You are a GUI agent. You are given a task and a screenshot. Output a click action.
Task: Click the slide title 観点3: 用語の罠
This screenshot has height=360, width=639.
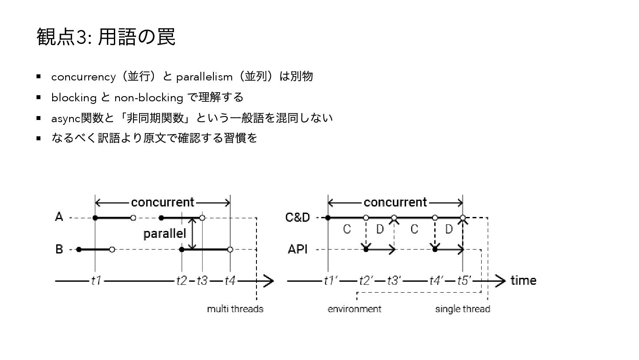pos(106,37)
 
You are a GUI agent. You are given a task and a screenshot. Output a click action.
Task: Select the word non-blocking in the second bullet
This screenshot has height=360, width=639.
pos(148,98)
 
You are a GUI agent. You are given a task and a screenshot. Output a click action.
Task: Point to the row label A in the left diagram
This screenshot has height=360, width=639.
pos(60,217)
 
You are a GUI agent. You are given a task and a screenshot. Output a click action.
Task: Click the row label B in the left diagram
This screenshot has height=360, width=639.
pos(60,249)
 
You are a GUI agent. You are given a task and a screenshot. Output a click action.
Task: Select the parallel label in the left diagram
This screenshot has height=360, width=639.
pos(165,233)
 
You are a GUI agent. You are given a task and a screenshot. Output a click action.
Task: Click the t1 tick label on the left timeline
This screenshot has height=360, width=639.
pos(96,281)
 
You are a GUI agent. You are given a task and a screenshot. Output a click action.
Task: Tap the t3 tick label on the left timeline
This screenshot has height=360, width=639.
pos(202,281)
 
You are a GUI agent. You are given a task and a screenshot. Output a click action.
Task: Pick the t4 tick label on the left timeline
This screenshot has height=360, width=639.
pos(230,281)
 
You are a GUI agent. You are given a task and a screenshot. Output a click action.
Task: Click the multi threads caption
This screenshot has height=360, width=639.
pos(235,309)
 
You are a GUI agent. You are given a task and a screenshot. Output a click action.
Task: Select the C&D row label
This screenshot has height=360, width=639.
pos(298,217)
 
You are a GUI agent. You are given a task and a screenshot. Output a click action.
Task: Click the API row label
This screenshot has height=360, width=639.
pos(298,249)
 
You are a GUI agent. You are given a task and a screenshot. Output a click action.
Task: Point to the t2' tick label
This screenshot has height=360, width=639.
pos(366,281)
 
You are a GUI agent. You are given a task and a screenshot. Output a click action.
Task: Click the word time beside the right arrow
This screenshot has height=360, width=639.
pos(523,280)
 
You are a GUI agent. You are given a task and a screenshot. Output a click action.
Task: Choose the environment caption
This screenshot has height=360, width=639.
pos(354,309)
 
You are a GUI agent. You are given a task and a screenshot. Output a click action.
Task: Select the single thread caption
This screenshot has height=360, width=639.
pos(463,309)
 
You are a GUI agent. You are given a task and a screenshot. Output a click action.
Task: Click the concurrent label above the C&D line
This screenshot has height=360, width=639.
pos(395,202)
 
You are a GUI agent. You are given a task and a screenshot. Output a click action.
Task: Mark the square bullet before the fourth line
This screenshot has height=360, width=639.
pos(39,138)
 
